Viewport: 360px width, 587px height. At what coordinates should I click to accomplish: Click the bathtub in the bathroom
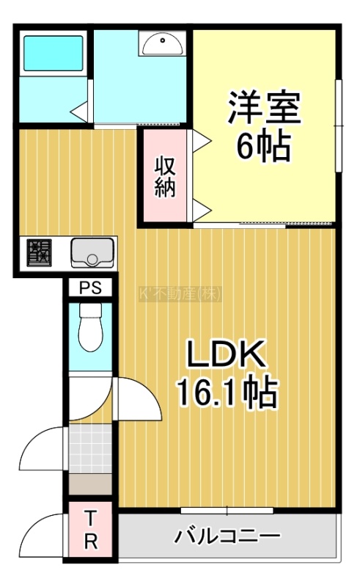click(53, 53)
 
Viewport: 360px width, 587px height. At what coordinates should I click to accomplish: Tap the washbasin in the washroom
click(163, 43)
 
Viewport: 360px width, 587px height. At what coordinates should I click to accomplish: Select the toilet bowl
click(91, 327)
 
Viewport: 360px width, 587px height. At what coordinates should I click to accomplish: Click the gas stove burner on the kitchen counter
click(39, 252)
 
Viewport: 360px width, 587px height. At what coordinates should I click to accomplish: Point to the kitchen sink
click(92, 252)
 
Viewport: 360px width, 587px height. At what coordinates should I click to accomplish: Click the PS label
click(91, 288)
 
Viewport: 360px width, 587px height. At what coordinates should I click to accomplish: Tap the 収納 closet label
click(165, 177)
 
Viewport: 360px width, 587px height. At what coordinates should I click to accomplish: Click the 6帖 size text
click(263, 144)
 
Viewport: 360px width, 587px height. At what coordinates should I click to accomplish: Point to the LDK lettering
click(227, 354)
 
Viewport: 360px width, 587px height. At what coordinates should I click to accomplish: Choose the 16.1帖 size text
click(227, 393)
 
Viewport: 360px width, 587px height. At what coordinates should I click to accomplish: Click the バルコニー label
click(227, 536)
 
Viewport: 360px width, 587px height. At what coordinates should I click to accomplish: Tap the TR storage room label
click(91, 529)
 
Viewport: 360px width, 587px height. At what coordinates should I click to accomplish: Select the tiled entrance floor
click(91, 448)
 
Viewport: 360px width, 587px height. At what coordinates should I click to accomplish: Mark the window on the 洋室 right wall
click(339, 125)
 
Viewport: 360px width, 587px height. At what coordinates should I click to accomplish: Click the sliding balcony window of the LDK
click(227, 510)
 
